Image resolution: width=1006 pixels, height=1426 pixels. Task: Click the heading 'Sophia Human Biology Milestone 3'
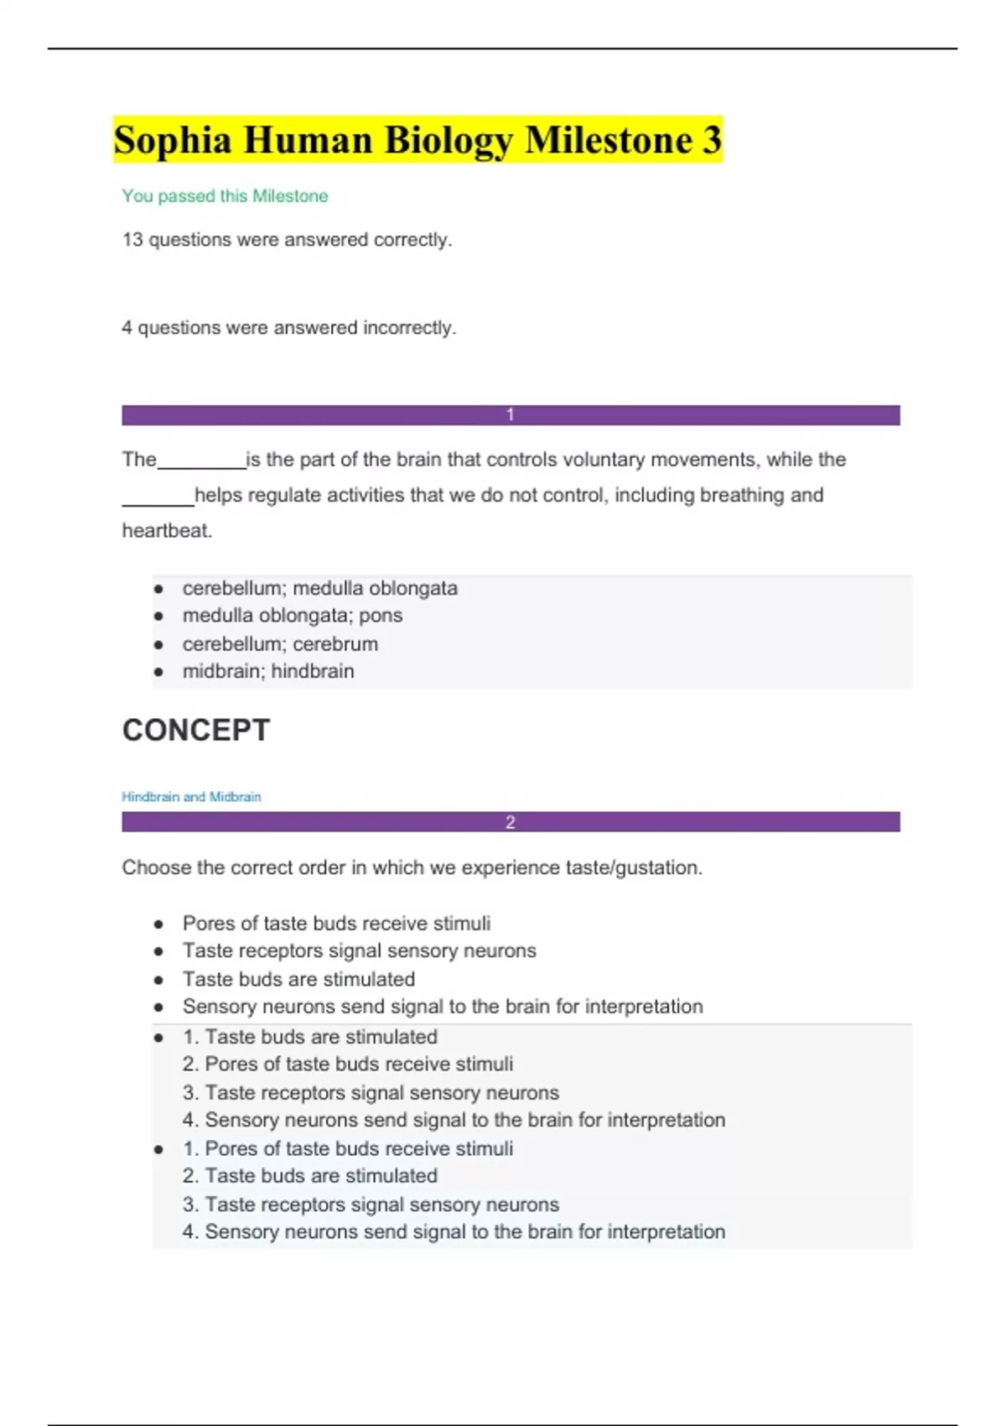tap(417, 140)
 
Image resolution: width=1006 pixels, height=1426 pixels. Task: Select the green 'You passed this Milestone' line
tap(225, 196)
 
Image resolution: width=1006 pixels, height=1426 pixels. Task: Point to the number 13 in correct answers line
tap(132, 240)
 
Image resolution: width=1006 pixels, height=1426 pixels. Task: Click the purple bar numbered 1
tap(511, 415)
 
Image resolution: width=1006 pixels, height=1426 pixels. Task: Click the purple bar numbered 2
tap(511, 822)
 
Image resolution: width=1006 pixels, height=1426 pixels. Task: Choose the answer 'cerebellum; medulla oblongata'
tap(319, 588)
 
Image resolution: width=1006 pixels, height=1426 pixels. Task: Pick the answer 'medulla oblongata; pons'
tap(292, 616)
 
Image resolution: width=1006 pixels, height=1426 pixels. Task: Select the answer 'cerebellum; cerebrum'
tap(280, 644)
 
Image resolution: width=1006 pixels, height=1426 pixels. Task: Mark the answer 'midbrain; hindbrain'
tap(268, 671)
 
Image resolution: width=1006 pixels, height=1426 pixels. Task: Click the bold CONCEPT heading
tap(196, 730)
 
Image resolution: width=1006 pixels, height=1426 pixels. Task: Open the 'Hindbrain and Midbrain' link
tap(191, 797)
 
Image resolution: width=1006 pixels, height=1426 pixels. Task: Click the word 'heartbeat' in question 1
tap(166, 531)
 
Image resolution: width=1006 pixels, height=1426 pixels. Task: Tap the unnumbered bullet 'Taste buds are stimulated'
tap(298, 979)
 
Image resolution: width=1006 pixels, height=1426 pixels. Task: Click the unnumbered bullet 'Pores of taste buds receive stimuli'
tap(336, 924)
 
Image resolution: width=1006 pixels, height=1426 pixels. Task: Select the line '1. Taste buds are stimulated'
tap(310, 1037)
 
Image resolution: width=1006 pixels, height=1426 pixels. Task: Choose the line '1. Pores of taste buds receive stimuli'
tap(348, 1148)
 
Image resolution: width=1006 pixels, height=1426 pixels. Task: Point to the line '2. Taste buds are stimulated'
tap(310, 1176)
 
